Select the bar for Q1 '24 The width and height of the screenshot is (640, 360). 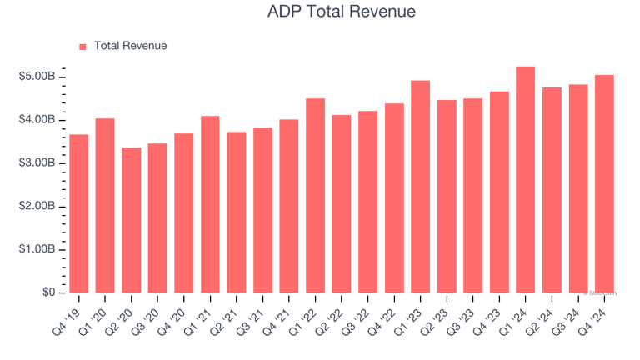pyautogui.click(x=526, y=179)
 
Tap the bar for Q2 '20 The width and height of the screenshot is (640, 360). pyautogui.click(x=132, y=220)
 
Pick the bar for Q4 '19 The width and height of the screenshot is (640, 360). pyautogui.click(x=79, y=213)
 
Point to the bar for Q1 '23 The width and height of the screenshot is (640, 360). pyautogui.click(x=421, y=187)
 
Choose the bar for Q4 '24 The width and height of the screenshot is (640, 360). pyautogui.click(x=604, y=183)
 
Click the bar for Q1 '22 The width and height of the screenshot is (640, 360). pyautogui.click(x=316, y=196)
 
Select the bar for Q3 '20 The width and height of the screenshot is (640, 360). pyautogui.click(x=157, y=217)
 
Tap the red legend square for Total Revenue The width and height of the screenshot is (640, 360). pyautogui.click(x=82, y=47)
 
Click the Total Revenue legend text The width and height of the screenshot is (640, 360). pyautogui.click(x=130, y=46)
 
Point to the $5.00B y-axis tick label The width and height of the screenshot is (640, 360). pyautogui.click(x=37, y=77)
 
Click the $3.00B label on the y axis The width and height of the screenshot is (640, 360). pyautogui.click(x=37, y=163)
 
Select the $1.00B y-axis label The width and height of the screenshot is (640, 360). pyautogui.click(x=37, y=250)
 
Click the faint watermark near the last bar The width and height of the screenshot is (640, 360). pyautogui.click(x=602, y=292)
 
